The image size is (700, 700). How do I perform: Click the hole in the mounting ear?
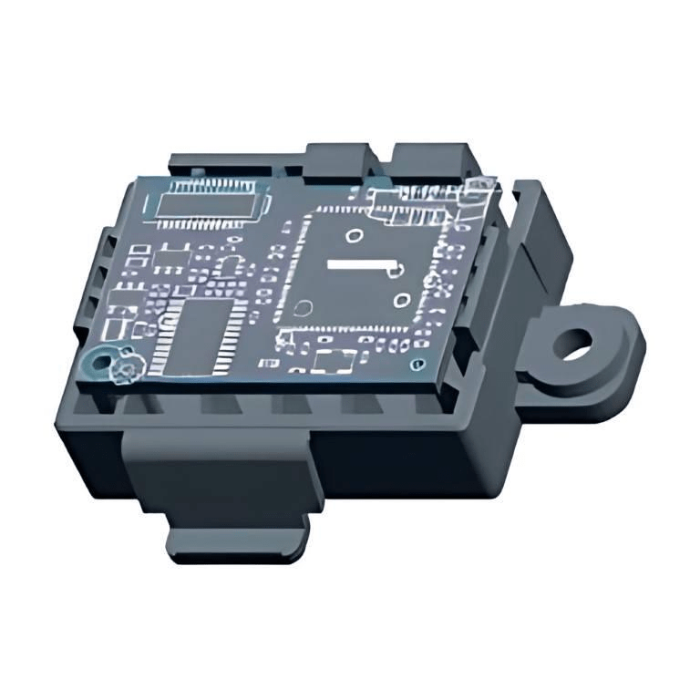(574, 345)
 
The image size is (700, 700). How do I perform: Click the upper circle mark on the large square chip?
(353, 236)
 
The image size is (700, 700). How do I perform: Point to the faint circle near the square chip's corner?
(307, 308)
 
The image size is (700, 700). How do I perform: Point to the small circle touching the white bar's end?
(398, 268)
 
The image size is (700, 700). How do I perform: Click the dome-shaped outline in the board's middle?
(232, 266)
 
